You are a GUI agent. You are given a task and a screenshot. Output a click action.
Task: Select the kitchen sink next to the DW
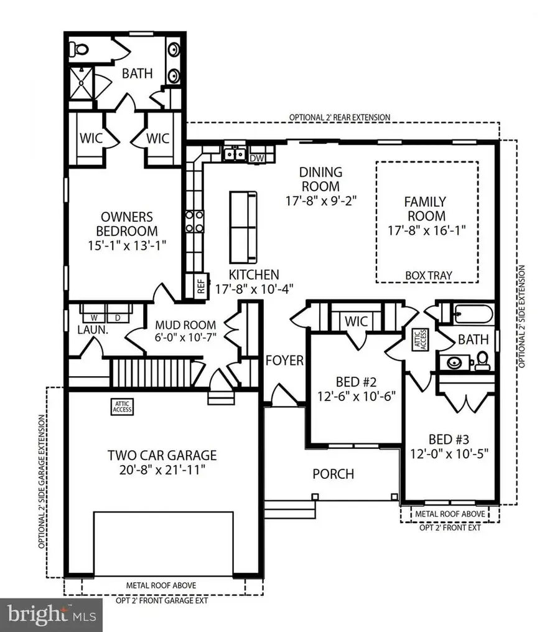(235, 154)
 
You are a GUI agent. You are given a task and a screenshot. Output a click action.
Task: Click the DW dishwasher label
(256, 158)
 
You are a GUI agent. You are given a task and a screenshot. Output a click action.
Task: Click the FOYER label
(284, 361)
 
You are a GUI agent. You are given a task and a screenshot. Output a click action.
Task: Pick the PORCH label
(333, 474)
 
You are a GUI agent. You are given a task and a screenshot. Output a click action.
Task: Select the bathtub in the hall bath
(472, 313)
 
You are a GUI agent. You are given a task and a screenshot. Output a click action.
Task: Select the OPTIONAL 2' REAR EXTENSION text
(340, 117)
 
